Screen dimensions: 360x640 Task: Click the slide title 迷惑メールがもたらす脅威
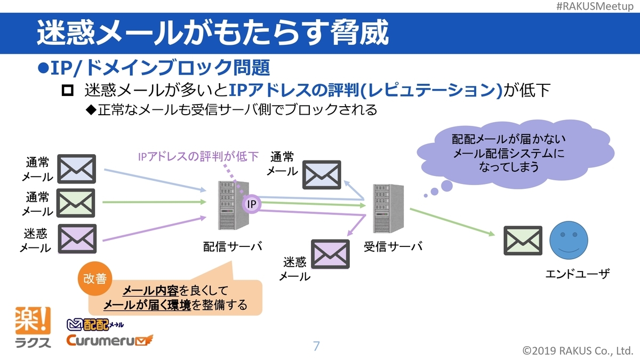coord(212,33)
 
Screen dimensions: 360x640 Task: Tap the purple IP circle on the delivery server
coord(251,204)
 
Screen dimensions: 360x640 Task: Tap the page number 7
coord(316,346)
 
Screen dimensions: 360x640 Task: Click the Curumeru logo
coord(109,340)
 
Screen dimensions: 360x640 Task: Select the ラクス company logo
coord(34,327)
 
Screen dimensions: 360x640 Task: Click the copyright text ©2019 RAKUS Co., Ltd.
coord(578,350)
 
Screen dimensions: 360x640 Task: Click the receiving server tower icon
coord(388,210)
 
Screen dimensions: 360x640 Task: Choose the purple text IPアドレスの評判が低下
coord(198,156)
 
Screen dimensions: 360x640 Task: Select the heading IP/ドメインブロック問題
coord(154,68)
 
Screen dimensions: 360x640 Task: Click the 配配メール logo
coord(95,324)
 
